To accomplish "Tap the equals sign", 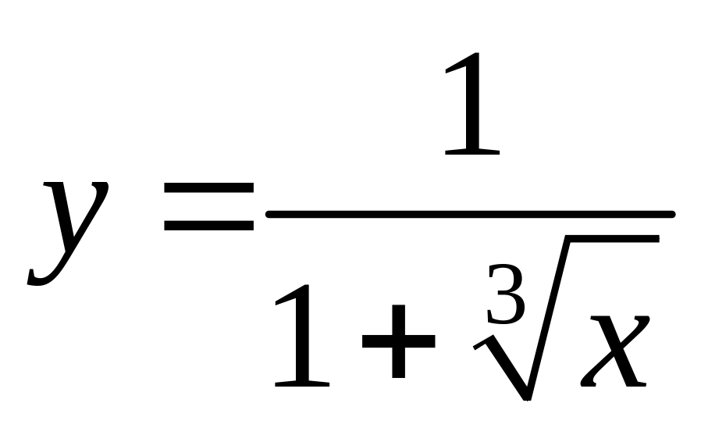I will [208, 208].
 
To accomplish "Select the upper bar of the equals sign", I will [208, 189].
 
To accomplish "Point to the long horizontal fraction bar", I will [468, 212].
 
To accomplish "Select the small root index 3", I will [506, 294].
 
